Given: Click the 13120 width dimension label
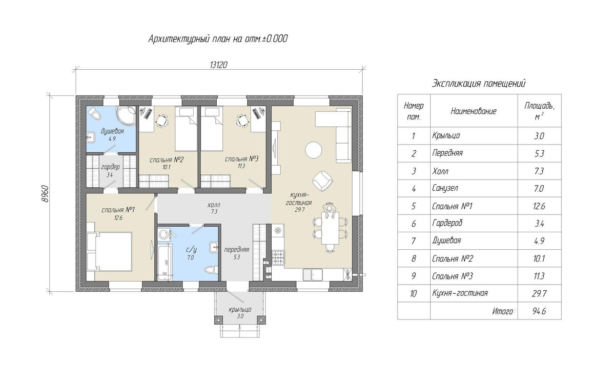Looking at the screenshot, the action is click(x=218, y=65).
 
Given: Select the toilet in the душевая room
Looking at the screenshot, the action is click(x=95, y=113).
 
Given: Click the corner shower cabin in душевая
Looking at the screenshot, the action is click(x=126, y=116).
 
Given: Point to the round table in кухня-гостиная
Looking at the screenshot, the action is click(x=314, y=150).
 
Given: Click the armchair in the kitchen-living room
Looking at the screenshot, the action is click(x=322, y=181).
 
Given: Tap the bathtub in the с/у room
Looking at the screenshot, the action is click(x=165, y=262).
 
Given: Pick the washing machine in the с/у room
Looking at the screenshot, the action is click(x=164, y=235).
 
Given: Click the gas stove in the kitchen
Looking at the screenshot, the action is click(x=278, y=258).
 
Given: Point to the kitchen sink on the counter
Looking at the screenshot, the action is click(x=313, y=274).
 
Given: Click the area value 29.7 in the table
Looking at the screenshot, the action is click(x=539, y=293).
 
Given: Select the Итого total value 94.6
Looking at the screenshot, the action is click(x=539, y=311).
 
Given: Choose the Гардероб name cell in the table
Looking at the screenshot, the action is click(x=447, y=223).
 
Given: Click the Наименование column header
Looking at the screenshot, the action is click(x=474, y=111).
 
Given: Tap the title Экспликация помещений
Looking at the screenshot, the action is click(x=479, y=83).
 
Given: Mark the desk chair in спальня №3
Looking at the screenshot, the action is click(x=242, y=121).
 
